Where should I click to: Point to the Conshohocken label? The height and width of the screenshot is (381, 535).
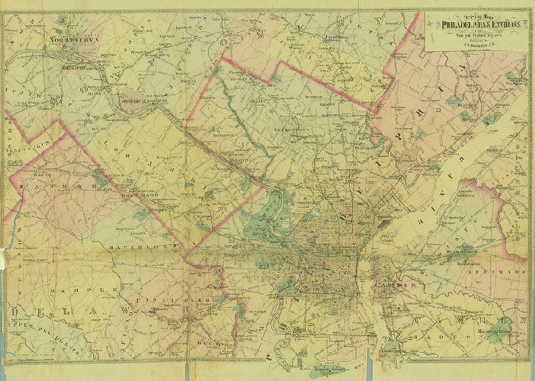coord(138,101)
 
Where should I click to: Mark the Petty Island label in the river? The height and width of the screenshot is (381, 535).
coord(396,241)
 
